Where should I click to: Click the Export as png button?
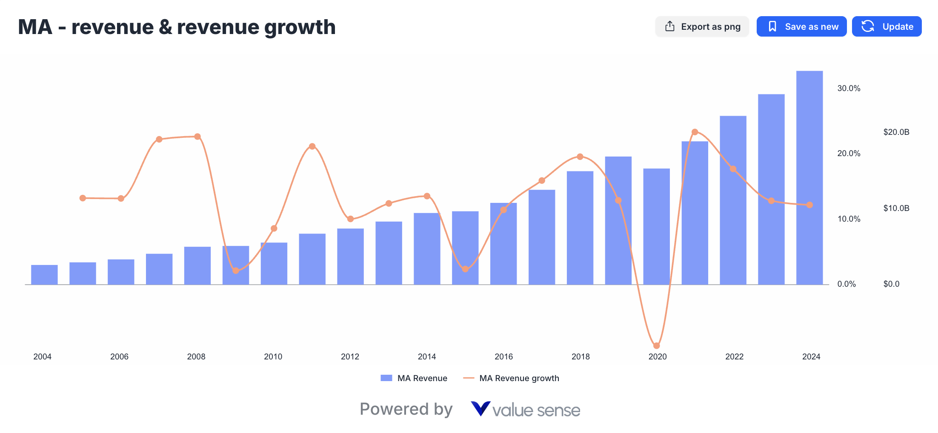click(x=702, y=27)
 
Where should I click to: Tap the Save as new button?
click(x=801, y=27)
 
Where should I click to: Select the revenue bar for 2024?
click(x=809, y=179)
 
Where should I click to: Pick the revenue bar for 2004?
click(x=44, y=275)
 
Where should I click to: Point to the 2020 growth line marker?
click(x=656, y=346)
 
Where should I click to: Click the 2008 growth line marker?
click(x=197, y=137)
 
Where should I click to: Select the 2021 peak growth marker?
click(x=695, y=132)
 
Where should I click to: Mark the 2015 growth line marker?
click(x=465, y=269)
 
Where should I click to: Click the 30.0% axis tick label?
click(x=849, y=88)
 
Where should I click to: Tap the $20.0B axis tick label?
click(x=896, y=132)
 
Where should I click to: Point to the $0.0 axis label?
click(x=891, y=284)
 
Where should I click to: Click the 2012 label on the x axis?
click(x=350, y=356)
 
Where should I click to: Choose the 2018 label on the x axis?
click(x=581, y=356)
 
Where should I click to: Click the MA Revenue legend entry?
click(x=414, y=378)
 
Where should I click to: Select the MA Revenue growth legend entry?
click(x=511, y=378)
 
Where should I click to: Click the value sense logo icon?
click(x=480, y=409)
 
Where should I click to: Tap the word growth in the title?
click(x=300, y=28)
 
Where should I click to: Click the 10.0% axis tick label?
click(x=849, y=219)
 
